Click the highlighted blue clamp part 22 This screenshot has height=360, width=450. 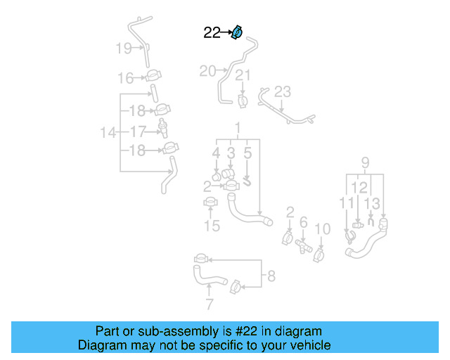point(238,32)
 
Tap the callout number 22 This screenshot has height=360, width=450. point(212,32)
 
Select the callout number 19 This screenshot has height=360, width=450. point(123,49)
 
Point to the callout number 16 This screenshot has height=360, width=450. point(125,78)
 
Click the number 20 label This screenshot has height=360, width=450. point(207,71)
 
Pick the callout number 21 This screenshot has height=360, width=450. point(243,76)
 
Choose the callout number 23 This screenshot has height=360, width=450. point(282,91)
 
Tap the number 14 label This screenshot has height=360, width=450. point(108,132)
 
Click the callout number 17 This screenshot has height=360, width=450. point(137,131)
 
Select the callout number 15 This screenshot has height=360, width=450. point(212,226)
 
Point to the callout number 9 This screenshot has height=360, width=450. point(365,164)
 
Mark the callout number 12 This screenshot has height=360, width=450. point(359,187)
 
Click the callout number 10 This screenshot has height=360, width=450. point(322,229)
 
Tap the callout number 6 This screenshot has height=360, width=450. point(304,222)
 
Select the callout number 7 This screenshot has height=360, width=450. point(209,304)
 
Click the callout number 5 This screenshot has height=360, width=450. point(247,152)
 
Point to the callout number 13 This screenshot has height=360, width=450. point(372,203)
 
